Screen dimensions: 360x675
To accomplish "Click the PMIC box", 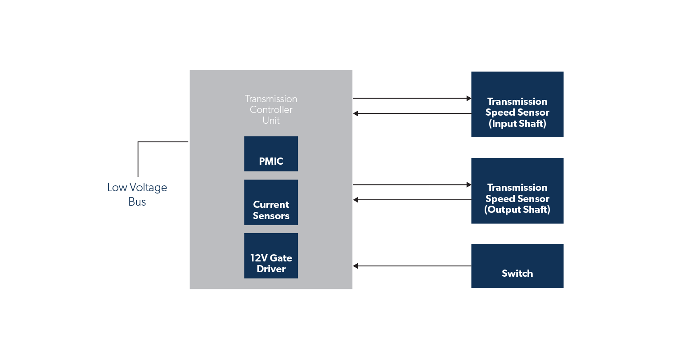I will tap(271, 154).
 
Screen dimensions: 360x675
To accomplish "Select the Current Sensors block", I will tap(271, 202).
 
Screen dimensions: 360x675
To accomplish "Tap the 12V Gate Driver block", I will tap(271, 256).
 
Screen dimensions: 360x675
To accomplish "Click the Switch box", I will tap(517, 266).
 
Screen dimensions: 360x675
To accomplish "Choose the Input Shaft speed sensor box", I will tap(517, 104).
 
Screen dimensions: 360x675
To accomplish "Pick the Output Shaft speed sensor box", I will tap(517, 190).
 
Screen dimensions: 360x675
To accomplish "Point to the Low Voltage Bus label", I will tap(137, 194).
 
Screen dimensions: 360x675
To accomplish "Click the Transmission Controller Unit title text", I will tap(271, 110).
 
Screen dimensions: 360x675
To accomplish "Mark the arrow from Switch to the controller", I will tap(412, 266).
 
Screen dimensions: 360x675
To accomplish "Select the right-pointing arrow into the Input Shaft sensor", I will tap(412, 98).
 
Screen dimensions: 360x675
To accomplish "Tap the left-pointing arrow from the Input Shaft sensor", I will tap(412, 114).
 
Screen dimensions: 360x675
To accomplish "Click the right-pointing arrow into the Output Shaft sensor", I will tap(412, 184).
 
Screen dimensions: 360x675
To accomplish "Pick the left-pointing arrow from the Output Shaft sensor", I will tap(412, 200).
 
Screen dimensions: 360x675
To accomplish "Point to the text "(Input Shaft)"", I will tap(517, 124).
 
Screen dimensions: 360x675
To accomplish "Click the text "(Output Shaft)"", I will tap(517, 210).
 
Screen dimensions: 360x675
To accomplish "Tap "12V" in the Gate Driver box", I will tap(259, 258).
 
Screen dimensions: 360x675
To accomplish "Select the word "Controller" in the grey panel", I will tap(271, 110).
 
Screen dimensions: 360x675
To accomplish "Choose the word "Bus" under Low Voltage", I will tap(137, 202).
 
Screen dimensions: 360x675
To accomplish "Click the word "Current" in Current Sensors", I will tap(271, 205).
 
